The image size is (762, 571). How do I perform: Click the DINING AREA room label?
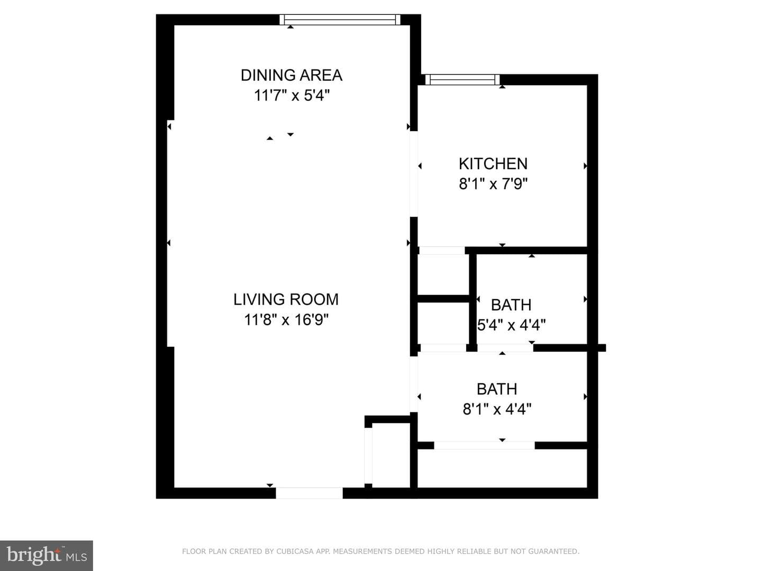point(292,75)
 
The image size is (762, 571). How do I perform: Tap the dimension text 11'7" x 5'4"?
point(292,95)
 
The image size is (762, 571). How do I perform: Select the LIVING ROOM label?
point(286,300)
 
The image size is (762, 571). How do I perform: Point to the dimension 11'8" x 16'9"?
point(286,319)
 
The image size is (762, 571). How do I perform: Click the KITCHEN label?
point(493,164)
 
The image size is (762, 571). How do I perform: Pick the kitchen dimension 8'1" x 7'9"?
point(493,184)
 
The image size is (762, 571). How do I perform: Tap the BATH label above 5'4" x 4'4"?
point(511,305)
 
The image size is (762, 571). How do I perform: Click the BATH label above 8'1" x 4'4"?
point(497,389)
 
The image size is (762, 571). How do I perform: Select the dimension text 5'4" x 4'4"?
point(511,325)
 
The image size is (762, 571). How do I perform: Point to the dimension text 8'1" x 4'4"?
point(497,409)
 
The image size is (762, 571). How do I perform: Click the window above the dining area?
point(340,20)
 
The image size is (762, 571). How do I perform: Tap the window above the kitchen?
point(462,80)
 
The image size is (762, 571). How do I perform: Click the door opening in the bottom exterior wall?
point(309,493)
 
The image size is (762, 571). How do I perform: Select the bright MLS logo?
point(47,556)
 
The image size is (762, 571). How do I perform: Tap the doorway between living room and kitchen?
point(413,174)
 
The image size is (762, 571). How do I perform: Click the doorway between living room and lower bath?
point(413,384)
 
